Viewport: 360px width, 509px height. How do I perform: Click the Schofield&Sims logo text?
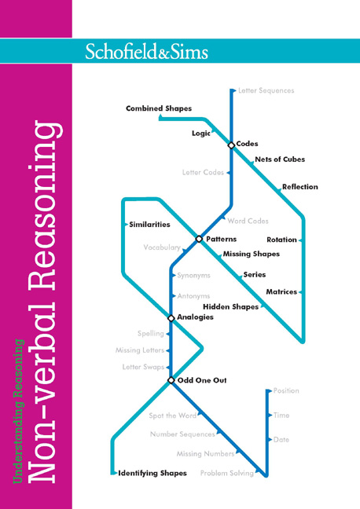146,51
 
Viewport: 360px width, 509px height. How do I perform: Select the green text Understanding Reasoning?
19,412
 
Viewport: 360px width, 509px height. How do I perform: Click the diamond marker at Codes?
231,145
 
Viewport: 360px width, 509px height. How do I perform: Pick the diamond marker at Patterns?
199,239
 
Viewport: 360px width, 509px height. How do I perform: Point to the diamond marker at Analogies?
171,318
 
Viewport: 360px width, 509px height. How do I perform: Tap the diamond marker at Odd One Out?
171,380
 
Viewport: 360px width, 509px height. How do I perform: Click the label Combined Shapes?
159,108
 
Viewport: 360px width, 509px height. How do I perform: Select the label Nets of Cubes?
280,159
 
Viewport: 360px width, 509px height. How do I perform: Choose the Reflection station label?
300,187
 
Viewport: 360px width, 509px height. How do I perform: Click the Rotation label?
281,240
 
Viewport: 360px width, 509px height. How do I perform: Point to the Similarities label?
149,225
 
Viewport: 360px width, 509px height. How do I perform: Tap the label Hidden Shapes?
230,307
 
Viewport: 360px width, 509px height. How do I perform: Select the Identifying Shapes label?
152,474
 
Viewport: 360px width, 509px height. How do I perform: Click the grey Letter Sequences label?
266,90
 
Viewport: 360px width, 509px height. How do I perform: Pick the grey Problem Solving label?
227,474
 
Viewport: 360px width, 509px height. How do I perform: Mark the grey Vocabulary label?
162,247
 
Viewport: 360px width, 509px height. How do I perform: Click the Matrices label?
281,292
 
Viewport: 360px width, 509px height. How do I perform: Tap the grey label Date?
281,440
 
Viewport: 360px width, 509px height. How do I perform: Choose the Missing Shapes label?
252,254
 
